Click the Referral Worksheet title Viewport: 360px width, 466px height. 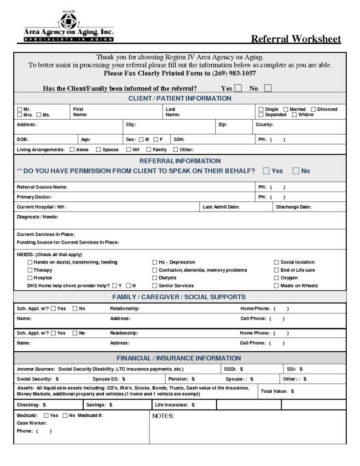(x=296, y=39)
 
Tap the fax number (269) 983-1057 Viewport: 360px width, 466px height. (x=233, y=73)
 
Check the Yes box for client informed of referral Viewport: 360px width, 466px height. (x=238, y=88)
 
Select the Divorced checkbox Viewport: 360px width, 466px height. (x=314, y=109)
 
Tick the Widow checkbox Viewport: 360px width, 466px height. (x=294, y=115)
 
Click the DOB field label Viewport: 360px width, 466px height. (x=22, y=140)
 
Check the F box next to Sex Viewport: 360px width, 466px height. (x=156, y=139)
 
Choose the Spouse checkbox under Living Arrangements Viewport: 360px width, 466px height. (x=99, y=149)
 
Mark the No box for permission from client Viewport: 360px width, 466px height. (x=296, y=171)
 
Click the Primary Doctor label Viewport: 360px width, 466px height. (x=34, y=197)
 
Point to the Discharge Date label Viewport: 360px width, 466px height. (x=294, y=207)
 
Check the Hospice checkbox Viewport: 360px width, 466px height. (x=30, y=278)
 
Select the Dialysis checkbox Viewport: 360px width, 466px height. (x=155, y=278)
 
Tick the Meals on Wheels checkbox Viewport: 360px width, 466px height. (x=276, y=286)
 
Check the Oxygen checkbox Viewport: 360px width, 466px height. (x=276, y=278)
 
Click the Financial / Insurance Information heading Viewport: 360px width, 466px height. (x=179, y=358)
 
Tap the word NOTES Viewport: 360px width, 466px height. (x=163, y=416)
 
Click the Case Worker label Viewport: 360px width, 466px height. (x=32, y=423)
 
